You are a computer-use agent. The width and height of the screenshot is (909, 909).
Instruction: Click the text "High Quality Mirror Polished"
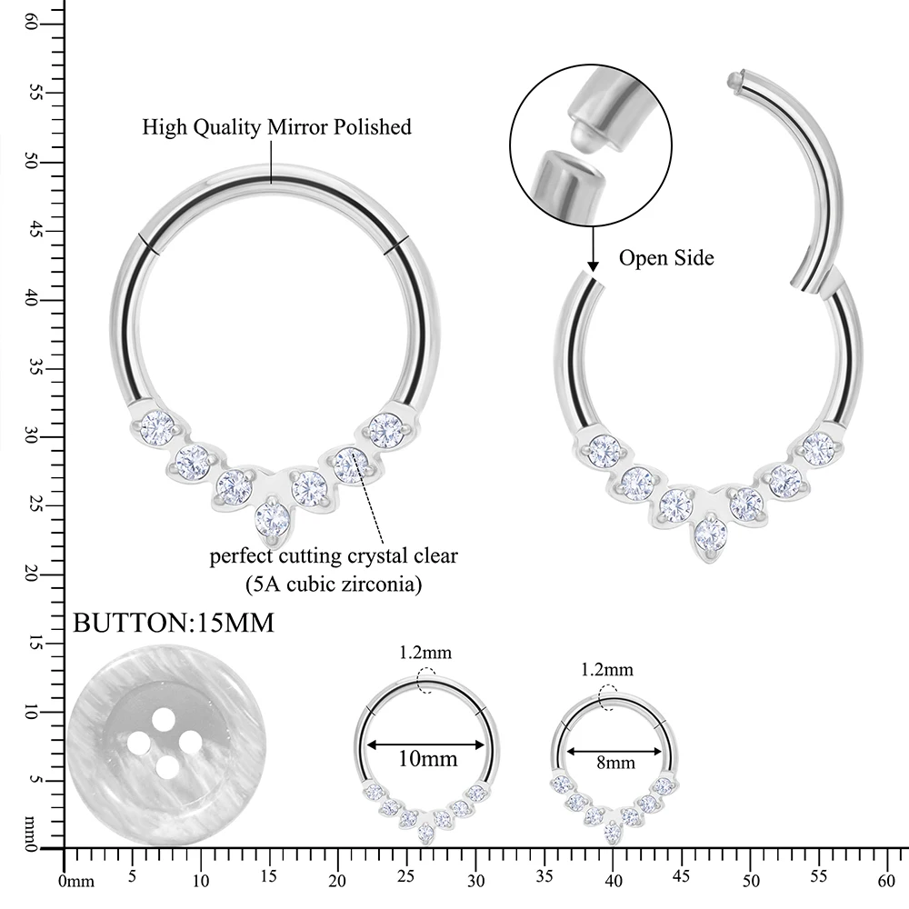tap(276, 126)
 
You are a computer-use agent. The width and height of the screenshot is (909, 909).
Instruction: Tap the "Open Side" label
tap(666, 258)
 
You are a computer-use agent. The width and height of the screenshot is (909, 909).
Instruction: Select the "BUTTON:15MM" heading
tap(173, 624)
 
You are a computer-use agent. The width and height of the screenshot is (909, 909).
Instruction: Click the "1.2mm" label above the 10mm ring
tap(425, 653)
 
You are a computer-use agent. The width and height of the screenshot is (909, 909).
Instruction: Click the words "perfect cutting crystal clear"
tap(334, 556)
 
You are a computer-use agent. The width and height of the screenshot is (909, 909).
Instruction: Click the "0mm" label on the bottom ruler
tap(76, 881)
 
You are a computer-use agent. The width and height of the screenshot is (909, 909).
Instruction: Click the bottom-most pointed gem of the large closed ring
tap(273, 520)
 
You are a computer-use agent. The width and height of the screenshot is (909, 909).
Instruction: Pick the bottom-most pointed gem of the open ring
tap(711, 534)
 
